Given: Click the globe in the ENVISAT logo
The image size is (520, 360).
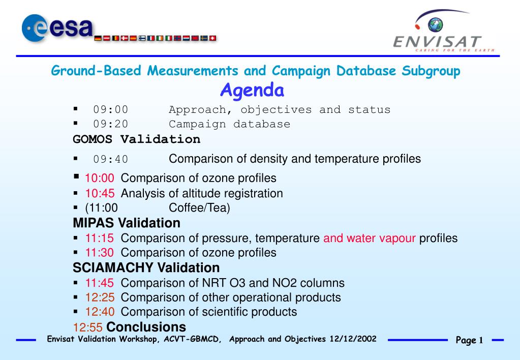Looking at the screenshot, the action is (x=435, y=25).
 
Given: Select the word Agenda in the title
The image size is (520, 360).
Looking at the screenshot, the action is (x=252, y=91).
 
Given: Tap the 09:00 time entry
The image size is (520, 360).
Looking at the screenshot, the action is (x=110, y=109).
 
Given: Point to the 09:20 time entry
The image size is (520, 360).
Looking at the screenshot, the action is (x=110, y=124).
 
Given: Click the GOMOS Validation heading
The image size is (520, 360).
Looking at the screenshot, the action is (x=136, y=139).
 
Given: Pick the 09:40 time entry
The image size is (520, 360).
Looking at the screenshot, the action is (x=110, y=159).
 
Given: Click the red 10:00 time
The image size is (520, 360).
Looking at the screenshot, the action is (x=100, y=178).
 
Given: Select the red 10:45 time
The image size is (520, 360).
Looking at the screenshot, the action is (x=100, y=193).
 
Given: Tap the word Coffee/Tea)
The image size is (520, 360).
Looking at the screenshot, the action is (x=199, y=208).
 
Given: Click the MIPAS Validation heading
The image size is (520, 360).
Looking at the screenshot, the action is (x=127, y=223).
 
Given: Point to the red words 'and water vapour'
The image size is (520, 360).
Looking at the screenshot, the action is (x=370, y=238).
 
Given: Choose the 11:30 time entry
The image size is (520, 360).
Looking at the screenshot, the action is (x=100, y=253).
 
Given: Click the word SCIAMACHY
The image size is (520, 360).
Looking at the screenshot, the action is (x=113, y=268).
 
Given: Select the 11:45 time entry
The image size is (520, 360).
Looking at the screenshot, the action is (x=100, y=283).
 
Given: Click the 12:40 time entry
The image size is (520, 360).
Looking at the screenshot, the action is (x=100, y=312).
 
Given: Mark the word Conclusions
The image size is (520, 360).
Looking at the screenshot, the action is (x=146, y=327).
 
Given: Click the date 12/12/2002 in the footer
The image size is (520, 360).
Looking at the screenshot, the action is (x=353, y=339).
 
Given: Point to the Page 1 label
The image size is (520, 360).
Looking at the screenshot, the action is (x=469, y=340).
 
